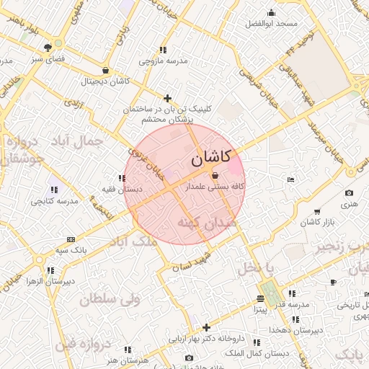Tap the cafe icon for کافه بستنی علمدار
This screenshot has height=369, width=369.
[215, 176]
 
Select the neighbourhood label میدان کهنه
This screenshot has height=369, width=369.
[209, 224]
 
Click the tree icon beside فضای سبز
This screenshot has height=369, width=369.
[48, 47]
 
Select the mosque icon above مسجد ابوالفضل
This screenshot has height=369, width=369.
[271, 12]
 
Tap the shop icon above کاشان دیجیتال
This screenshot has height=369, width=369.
[107, 71]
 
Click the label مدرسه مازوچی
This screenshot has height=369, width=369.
[164, 61]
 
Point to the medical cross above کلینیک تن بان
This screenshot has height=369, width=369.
[168, 98]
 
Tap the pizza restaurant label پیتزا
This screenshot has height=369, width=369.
[259, 309]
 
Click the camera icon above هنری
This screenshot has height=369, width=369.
[349, 193]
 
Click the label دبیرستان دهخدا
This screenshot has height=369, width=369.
[294, 329]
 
